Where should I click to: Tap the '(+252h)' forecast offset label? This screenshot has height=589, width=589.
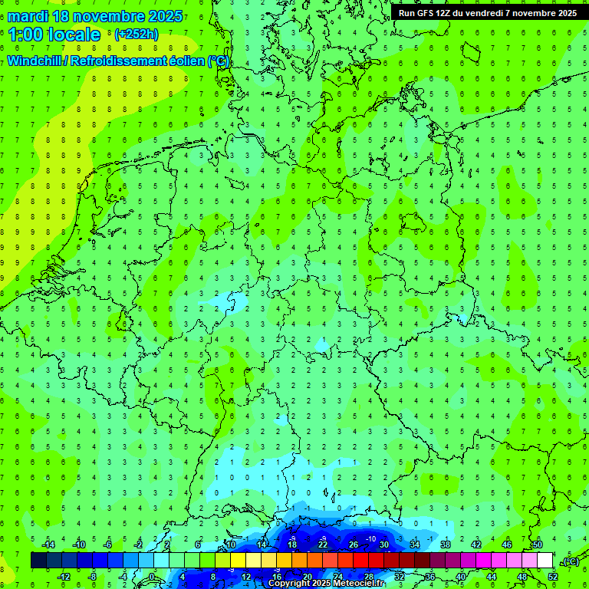(x=137, y=35)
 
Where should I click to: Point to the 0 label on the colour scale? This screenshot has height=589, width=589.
(x=152, y=576)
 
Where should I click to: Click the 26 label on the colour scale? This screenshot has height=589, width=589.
(x=354, y=545)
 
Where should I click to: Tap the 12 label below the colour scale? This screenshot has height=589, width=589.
(x=246, y=576)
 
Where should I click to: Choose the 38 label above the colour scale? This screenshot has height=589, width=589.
(x=446, y=545)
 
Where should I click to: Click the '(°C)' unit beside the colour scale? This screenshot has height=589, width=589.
(x=570, y=561)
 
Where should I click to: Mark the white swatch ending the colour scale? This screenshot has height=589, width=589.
(x=545, y=561)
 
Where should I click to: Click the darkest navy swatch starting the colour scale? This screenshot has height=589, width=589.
(x=38, y=561)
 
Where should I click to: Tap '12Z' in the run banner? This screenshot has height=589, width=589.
(x=446, y=12)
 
